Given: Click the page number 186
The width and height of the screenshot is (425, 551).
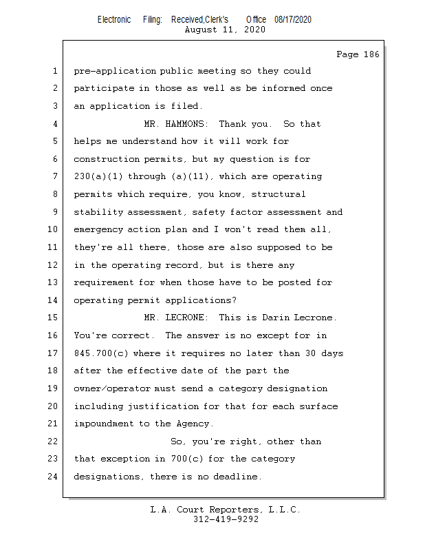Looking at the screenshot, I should click(x=371, y=54).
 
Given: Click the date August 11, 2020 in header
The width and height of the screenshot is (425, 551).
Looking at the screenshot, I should click(x=226, y=30).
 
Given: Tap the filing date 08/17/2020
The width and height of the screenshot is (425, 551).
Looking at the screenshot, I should click(x=292, y=20).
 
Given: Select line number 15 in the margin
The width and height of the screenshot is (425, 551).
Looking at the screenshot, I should click(x=54, y=318).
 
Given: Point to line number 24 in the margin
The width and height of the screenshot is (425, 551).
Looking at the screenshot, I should click(x=54, y=476).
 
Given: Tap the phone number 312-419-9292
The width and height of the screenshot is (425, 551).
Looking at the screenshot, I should click(x=226, y=520).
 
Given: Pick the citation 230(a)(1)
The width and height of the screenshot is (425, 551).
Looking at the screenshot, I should click(x=98, y=177).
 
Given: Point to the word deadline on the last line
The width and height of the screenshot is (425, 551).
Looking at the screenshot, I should click(x=237, y=477).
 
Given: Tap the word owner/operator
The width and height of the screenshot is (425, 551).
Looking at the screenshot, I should click(x=114, y=388).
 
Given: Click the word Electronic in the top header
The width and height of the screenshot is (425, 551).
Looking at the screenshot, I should click(x=113, y=20).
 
